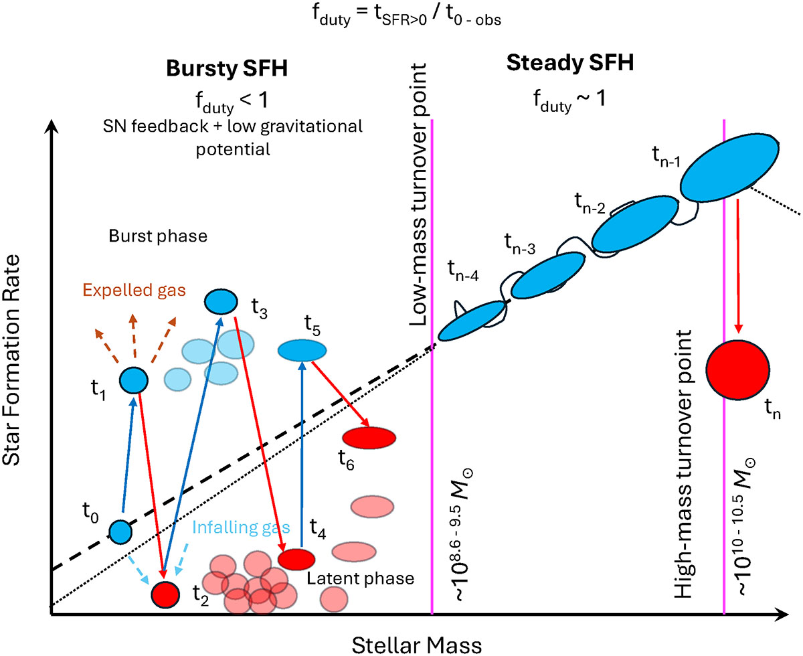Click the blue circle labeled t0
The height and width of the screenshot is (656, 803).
point(120,531)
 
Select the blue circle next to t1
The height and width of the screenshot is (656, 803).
point(133,380)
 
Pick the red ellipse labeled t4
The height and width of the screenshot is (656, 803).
point(296,558)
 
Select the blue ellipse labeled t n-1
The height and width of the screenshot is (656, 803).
point(729,167)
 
